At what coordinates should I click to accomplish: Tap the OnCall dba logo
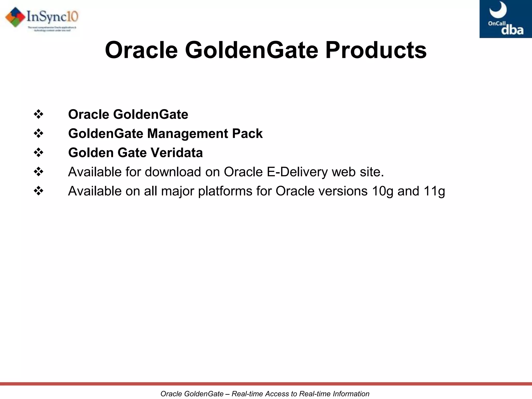point(506,19)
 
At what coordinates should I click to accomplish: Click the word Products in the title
point(376,50)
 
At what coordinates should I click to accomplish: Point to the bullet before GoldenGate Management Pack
point(38,134)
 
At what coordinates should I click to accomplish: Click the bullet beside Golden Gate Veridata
point(38,152)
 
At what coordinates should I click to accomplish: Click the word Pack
point(247,134)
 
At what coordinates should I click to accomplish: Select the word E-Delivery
point(297,172)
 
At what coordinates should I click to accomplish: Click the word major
point(177,191)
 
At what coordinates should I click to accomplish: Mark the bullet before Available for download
point(38,172)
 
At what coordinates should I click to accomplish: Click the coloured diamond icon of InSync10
point(16,17)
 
